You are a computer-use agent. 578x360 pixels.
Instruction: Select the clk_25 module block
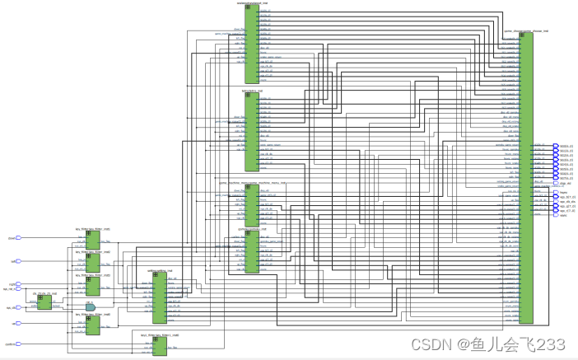(44, 302)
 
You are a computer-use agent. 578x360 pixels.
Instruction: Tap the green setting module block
(159, 297)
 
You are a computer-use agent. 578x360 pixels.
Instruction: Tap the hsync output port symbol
(555, 192)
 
